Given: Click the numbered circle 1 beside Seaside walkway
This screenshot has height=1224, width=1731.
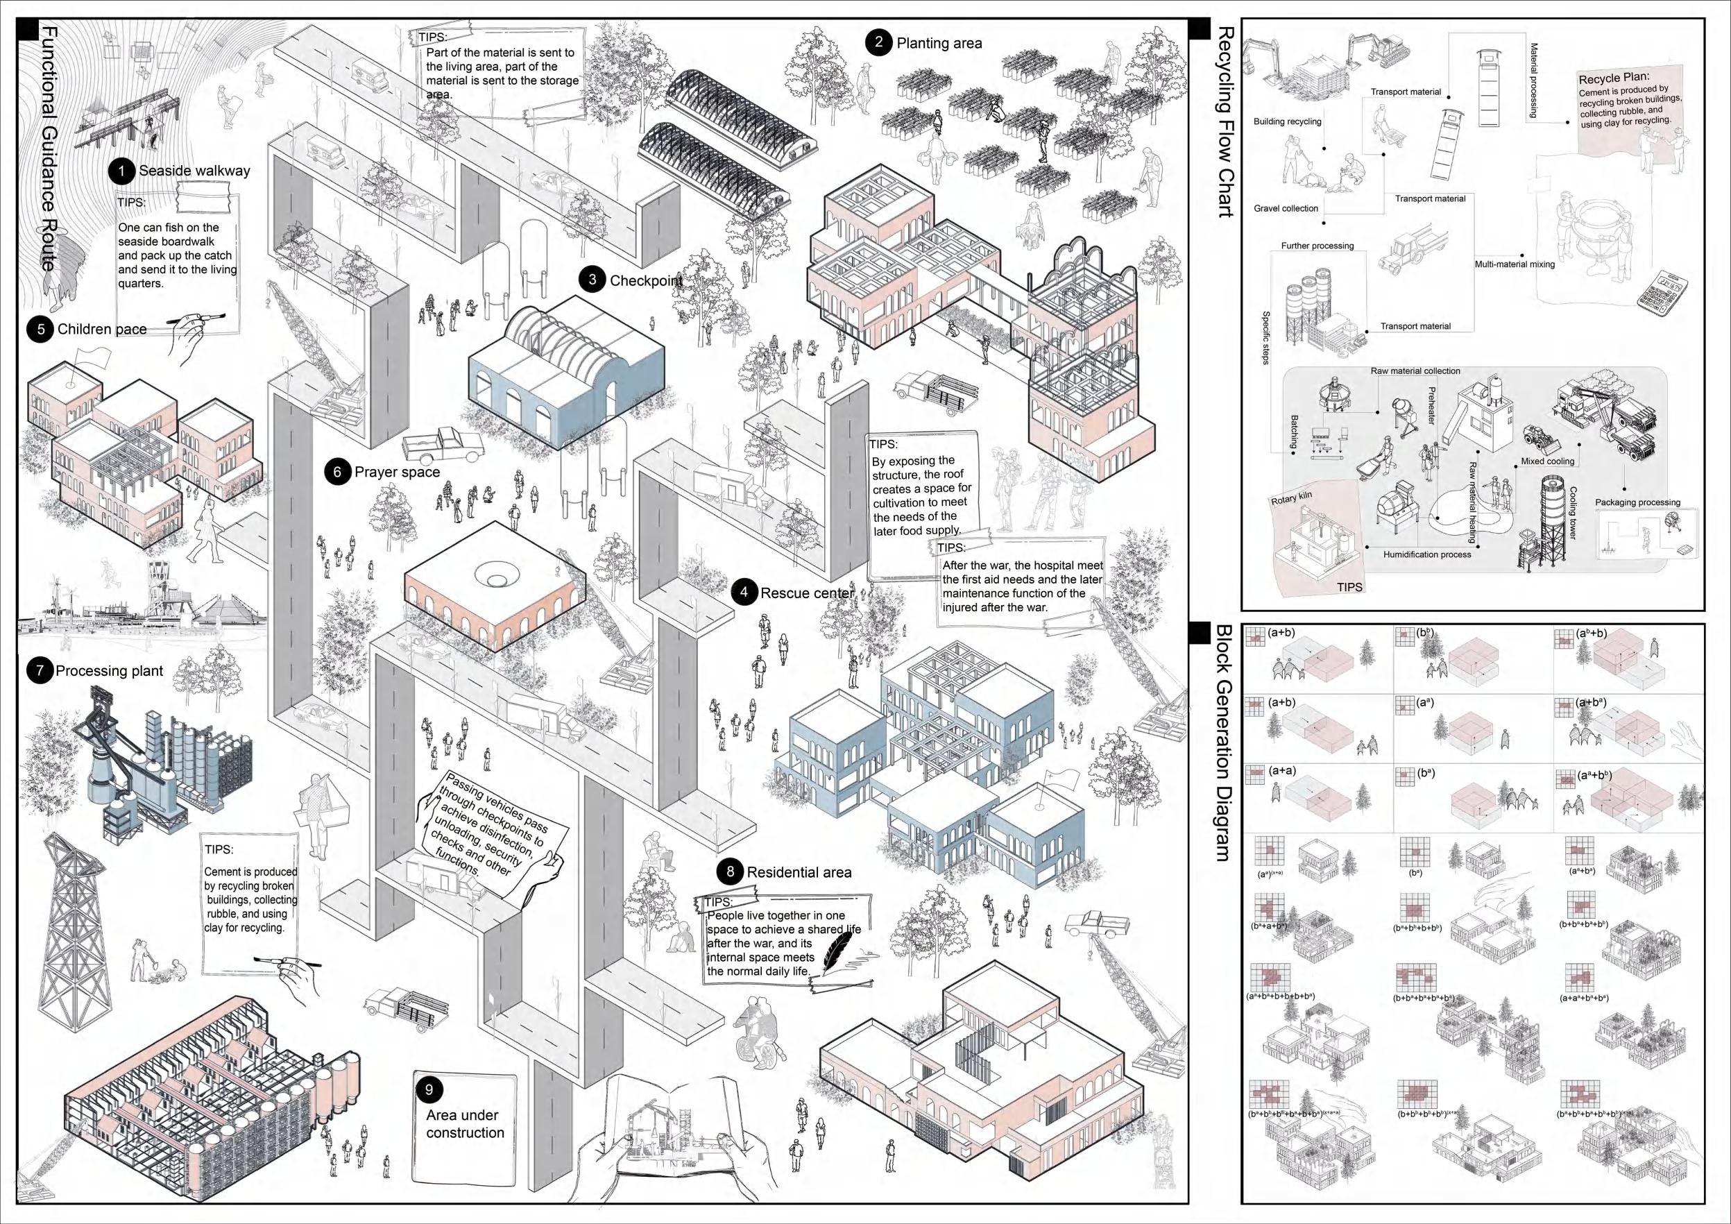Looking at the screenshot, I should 121,171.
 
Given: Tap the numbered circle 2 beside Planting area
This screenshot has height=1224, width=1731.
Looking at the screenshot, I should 879,42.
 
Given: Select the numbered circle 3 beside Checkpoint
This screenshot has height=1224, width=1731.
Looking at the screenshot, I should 592,280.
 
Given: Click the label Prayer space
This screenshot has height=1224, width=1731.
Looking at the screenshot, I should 397,472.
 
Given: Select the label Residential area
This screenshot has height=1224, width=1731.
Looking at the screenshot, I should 799,873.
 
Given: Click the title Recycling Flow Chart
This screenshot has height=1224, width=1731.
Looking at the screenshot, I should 1226,121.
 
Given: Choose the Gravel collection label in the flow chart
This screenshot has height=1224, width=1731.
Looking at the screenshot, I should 1286,208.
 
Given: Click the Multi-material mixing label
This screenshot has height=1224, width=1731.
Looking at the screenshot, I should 1515,264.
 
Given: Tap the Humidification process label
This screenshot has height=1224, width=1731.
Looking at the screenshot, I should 1427,554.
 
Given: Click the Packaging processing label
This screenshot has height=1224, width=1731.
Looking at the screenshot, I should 1637,502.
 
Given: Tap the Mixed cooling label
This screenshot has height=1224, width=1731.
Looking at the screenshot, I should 1548,461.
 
